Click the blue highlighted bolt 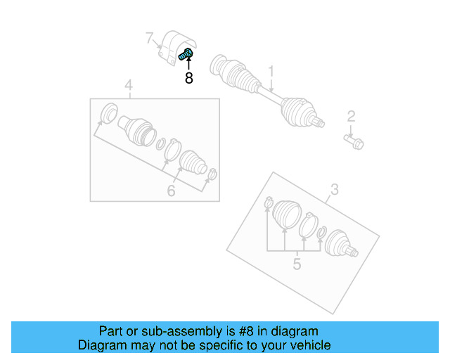click(187, 53)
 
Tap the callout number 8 click(188, 78)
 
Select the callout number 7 click(149, 37)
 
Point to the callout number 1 click(271, 71)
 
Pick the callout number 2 click(351, 117)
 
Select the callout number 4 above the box click(129, 86)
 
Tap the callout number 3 click(335, 188)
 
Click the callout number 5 click(297, 264)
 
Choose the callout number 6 click(171, 191)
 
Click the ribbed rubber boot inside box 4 click(192, 162)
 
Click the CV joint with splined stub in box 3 click(340, 243)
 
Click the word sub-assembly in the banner click(172, 331)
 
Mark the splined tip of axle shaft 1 click(321, 124)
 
